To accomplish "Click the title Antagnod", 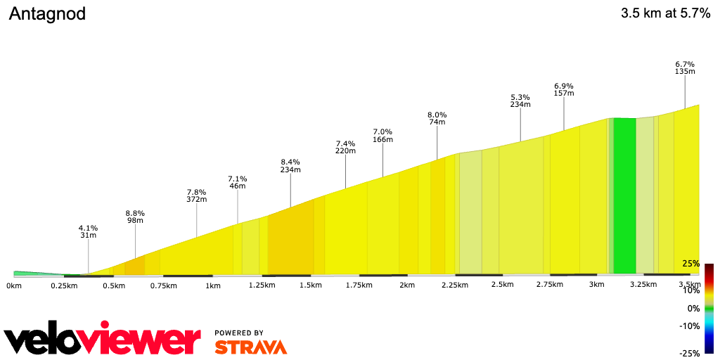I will pos(47,14).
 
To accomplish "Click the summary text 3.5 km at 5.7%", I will pos(665,13).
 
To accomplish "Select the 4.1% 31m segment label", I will pos(88,231).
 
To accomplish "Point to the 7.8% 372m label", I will pos(197,195).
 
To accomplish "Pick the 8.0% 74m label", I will pos(437,118).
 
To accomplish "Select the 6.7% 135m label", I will pos(685,67).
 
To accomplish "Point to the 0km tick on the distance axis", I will pos(14,285).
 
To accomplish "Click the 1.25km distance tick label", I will pos(262,285).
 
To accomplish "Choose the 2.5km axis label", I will pos(503,285).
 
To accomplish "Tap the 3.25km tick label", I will pos(644,285).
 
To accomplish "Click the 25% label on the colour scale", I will pos(690,264).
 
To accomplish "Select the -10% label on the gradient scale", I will pos(690,326).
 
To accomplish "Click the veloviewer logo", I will pos(103,341).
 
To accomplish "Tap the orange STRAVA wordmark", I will pos(251,347).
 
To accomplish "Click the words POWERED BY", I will pos(239,333).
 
